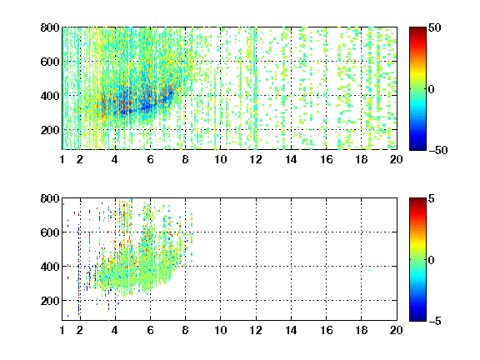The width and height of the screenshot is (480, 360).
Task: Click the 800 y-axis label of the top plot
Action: click(50, 27)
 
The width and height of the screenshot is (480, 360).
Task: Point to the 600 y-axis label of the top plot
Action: click(50, 62)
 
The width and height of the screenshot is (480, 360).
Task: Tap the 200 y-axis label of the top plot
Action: click(50, 130)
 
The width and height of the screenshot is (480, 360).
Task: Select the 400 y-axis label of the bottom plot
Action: click(50, 267)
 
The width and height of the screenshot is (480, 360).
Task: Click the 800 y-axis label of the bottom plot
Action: click(50, 198)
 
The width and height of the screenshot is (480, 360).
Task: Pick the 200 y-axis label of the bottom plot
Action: click(50, 301)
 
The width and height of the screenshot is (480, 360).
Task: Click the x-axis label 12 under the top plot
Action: click(256, 159)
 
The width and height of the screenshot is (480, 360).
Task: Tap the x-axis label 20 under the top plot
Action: click(396, 159)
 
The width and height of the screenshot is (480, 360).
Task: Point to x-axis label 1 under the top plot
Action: click(62, 159)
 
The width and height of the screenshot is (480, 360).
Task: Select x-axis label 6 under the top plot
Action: click(150, 159)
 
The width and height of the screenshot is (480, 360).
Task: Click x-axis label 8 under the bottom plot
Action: click(185, 330)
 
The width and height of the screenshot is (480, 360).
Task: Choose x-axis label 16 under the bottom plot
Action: click(327, 330)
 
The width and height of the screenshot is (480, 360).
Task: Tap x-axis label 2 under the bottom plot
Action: click(80, 330)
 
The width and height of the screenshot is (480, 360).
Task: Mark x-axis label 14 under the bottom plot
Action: click(291, 330)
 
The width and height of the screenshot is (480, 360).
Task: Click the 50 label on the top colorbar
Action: click(434, 27)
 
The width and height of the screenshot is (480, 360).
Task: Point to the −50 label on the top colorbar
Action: click(438, 150)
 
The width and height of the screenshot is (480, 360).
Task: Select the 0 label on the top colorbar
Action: click(431, 89)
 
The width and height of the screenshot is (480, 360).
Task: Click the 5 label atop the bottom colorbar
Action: click(431, 198)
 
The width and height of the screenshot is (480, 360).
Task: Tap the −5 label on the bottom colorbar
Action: click(435, 321)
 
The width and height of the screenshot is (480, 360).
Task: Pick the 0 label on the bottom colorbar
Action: click(431, 260)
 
